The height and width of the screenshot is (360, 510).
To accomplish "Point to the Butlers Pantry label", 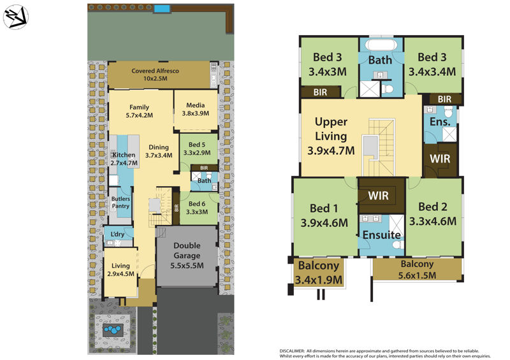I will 121,202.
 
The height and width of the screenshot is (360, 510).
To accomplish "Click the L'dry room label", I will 117,234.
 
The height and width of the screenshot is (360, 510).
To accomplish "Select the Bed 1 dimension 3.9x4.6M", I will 324,223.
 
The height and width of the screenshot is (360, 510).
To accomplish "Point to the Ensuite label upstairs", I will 381,235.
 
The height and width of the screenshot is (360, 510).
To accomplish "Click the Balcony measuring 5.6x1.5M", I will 417,270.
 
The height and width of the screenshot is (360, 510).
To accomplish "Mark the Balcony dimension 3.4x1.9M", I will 319,279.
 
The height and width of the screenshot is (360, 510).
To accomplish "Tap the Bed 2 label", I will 432,207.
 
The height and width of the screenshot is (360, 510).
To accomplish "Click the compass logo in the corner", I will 15,17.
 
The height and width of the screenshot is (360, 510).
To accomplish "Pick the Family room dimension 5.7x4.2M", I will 139,115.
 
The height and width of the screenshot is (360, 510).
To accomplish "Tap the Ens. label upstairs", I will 441,121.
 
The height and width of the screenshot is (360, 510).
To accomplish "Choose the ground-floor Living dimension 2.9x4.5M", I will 120,275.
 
